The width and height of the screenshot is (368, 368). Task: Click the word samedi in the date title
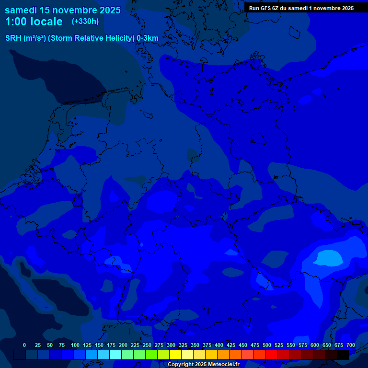[x=22, y=10]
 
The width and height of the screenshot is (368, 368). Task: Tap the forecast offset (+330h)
[x=85, y=22]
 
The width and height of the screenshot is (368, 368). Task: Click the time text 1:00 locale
[x=34, y=22]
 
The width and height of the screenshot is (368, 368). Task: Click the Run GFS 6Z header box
[x=301, y=8]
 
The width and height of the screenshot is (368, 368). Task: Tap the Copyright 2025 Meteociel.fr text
[x=203, y=365]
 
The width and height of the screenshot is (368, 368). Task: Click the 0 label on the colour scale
[x=24, y=345]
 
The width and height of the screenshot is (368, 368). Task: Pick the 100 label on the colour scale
[x=75, y=345]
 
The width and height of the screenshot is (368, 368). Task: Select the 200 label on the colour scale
[x=123, y=345]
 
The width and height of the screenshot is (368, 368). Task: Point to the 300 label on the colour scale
[x=171, y=345]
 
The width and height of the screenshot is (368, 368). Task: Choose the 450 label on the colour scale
[x=243, y=345]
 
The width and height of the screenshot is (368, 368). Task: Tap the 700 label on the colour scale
[x=350, y=345]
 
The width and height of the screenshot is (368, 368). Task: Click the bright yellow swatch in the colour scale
[x=175, y=355]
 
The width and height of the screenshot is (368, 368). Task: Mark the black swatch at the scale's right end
[x=343, y=355]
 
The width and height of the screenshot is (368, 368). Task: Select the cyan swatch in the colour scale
[x=115, y=355]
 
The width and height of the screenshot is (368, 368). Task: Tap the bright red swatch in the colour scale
[x=271, y=355]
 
